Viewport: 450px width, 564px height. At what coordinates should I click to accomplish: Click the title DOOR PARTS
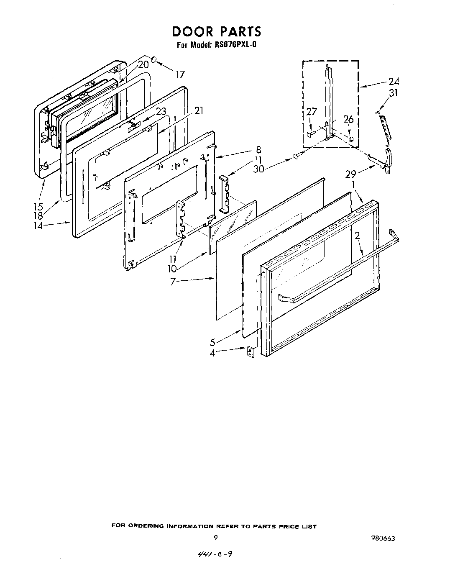(216, 31)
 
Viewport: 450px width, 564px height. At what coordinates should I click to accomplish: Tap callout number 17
(180, 75)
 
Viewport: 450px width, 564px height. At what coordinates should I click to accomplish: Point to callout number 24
(394, 81)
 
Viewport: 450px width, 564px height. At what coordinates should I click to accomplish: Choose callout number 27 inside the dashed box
(312, 112)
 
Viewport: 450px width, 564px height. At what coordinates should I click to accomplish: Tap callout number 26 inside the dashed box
(348, 120)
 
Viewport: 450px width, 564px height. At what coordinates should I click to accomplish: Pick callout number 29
(350, 173)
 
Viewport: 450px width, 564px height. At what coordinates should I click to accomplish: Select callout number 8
(258, 149)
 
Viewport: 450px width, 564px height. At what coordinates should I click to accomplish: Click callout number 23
(161, 111)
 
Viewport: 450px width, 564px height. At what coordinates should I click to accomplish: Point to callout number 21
(199, 110)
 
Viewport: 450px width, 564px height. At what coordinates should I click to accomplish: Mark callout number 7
(172, 282)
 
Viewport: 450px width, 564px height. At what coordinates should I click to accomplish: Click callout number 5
(213, 342)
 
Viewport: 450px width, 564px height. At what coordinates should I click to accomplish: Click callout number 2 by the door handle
(357, 236)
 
